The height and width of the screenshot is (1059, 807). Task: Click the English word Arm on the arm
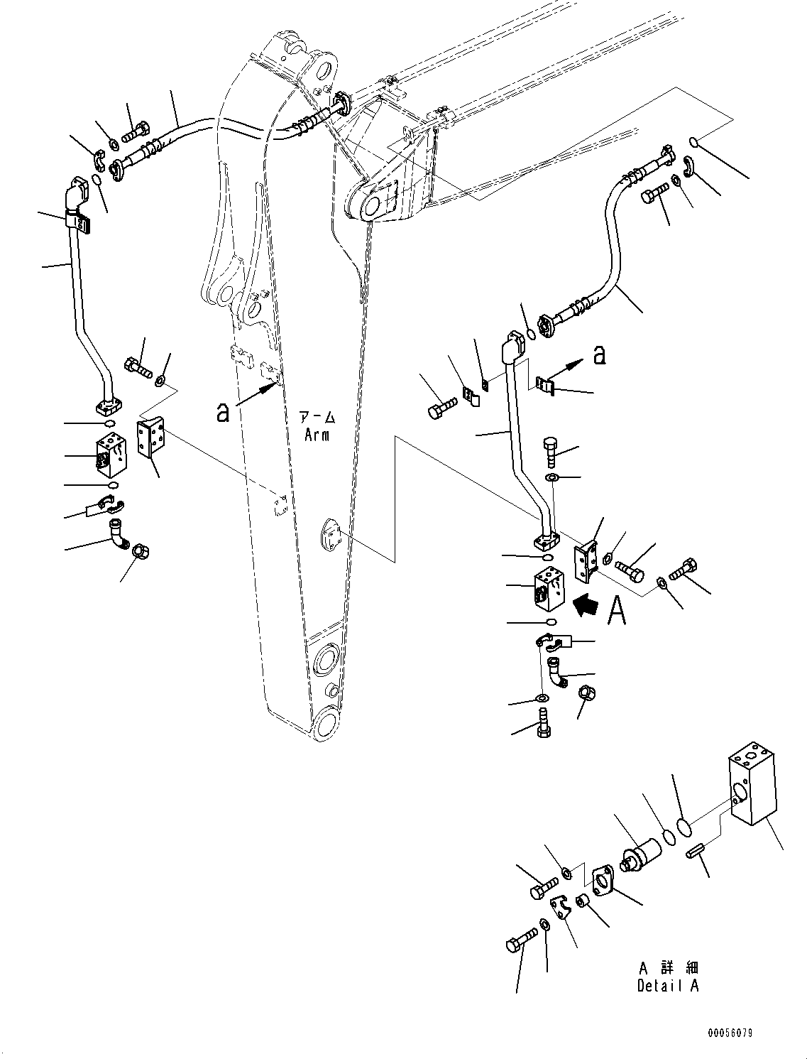(x=317, y=435)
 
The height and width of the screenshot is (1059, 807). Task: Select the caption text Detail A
(x=667, y=986)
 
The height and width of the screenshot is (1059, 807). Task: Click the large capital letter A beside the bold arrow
(x=617, y=610)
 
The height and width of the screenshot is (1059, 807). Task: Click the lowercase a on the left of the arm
(x=224, y=413)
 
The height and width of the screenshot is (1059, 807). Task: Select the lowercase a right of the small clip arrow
(x=600, y=355)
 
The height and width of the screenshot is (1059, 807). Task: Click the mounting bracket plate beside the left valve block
(x=153, y=438)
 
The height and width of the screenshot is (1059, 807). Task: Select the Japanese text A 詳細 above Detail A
(x=667, y=967)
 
